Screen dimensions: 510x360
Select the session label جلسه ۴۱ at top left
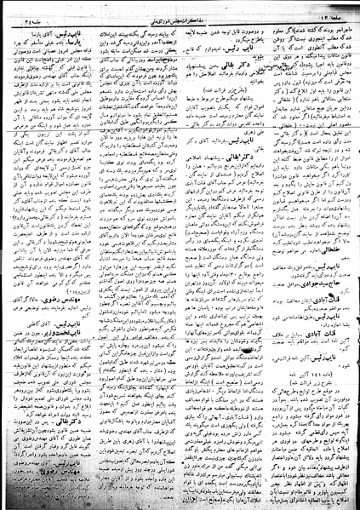(26, 12)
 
